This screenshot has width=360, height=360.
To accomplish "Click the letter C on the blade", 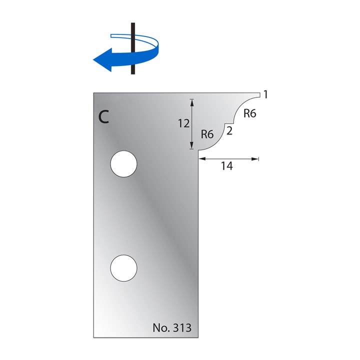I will coord(103,116).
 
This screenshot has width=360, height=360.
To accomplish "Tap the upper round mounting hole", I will coord(124,164).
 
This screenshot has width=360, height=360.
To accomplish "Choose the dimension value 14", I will coord(227,166).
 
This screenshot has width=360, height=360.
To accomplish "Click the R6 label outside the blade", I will coord(249,113).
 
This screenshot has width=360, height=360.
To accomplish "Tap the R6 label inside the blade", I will coord(207,134).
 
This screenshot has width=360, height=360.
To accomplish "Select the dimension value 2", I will coord(229,131).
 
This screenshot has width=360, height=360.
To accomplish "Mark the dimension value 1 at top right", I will coord(265,94).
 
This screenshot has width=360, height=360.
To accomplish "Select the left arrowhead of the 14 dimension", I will coord(201,159).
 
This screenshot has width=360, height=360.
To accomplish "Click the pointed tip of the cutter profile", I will coord(258,93).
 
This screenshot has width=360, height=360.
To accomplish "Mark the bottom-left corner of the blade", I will coord(93,336).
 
